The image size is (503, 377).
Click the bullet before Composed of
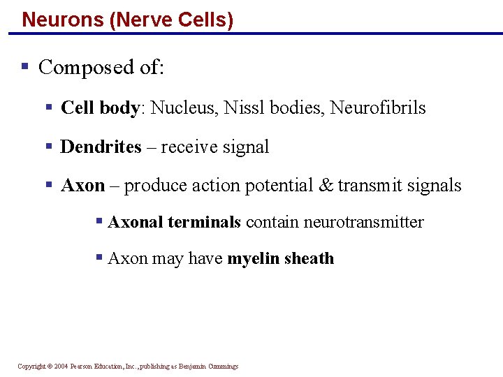[24, 67]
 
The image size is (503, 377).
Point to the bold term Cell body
[101, 108]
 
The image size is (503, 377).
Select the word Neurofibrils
[378, 108]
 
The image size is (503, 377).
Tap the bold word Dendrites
[101, 147]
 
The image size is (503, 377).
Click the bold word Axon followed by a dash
[82, 186]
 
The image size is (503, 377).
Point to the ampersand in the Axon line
[326, 186]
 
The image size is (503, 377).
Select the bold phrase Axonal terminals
[175, 222]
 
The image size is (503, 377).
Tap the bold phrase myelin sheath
[281, 258]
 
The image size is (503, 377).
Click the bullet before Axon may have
[100, 258]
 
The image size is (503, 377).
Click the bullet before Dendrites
[49, 147]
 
